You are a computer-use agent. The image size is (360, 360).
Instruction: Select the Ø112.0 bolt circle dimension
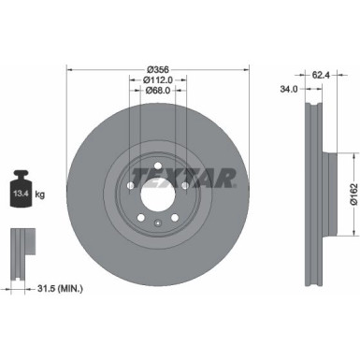(x=156, y=79)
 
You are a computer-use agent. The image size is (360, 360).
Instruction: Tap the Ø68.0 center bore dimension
(x=156, y=90)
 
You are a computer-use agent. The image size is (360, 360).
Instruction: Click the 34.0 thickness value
(x=289, y=90)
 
